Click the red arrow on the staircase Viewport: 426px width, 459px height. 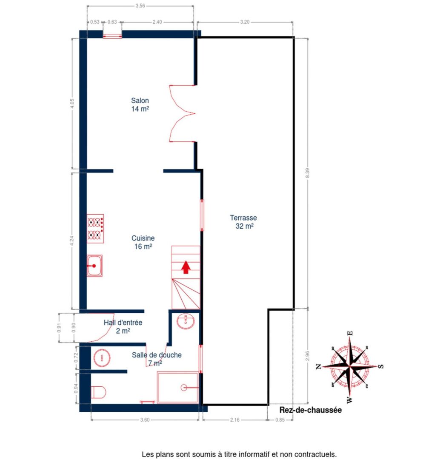tap(186, 267)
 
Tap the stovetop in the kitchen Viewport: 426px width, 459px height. tap(95, 228)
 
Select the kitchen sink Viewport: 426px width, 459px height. tap(94, 266)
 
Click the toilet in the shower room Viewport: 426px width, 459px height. tap(98, 391)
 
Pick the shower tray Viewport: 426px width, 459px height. tap(178, 387)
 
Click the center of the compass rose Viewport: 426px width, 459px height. tap(350, 365)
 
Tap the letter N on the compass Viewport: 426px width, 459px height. tap(319, 367)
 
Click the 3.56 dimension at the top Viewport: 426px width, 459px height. tap(140, 6)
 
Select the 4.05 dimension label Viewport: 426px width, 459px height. tap(72, 104)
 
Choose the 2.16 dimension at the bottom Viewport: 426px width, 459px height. tap(234, 420)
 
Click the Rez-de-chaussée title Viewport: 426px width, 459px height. tap(311, 411)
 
